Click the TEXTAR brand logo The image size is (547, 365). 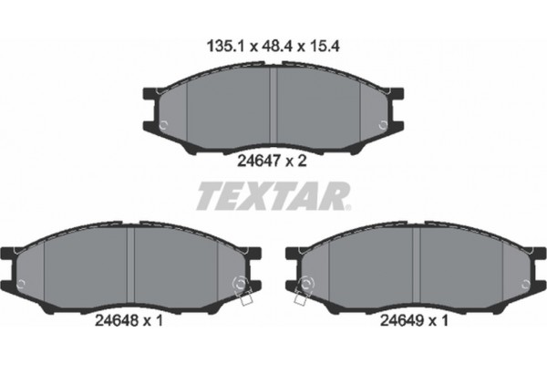[x=273, y=196]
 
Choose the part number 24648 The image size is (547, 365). [x=117, y=319]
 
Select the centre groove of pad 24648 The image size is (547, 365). [x=133, y=265]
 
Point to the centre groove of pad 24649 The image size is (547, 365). [x=415, y=265]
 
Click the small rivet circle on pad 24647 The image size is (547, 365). [x=162, y=125]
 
